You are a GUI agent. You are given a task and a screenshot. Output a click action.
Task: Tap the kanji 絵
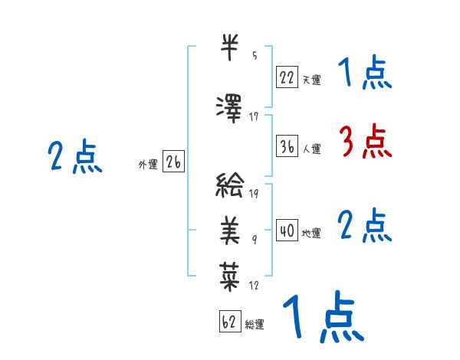(231, 185)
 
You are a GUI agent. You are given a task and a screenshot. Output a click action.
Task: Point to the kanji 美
(231, 228)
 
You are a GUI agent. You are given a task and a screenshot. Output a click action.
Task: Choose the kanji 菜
(231, 272)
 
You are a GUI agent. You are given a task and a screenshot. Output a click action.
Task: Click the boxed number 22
(287, 77)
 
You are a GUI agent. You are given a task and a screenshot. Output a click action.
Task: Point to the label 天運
(311, 79)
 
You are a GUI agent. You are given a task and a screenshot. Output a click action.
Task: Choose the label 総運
(255, 325)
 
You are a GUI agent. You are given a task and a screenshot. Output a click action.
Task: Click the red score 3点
(365, 142)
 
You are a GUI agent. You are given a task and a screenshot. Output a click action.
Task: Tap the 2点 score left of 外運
(74, 158)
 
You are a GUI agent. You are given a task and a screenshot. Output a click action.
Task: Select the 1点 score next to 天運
(365, 74)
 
